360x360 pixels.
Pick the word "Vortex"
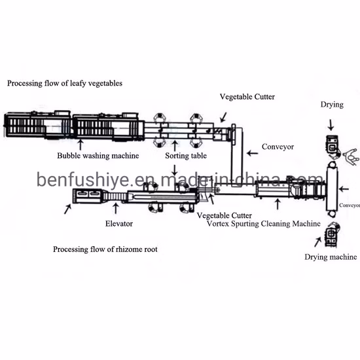(219, 223)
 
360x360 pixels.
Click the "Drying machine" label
(331, 257)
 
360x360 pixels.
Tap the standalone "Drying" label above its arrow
(331, 105)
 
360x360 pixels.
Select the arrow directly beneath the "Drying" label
(331, 123)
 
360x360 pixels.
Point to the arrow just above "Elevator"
(117, 207)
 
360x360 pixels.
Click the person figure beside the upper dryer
(350, 154)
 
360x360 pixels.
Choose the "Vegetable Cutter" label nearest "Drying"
(246, 98)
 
